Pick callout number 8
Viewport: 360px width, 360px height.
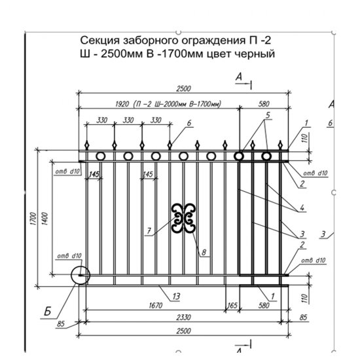coord(204,251)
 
